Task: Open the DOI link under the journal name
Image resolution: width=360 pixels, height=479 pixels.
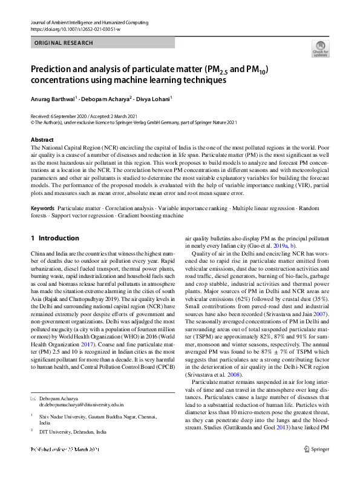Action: pos(75,29)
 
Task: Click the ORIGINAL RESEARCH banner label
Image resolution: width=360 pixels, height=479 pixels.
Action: pos(64,43)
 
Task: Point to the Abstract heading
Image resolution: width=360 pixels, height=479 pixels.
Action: pos(42,140)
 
